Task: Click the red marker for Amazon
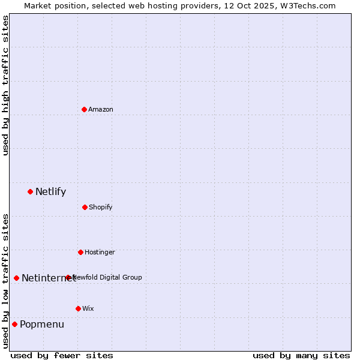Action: click(84, 109)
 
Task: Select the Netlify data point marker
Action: click(30, 191)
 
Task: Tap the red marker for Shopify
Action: click(85, 207)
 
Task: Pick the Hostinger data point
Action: click(80, 252)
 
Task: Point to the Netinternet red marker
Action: click(16, 278)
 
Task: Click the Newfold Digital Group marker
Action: click(68, 277)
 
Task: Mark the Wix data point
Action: click(78, 308)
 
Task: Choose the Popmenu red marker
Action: click(14, 324)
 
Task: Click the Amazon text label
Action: click(101, 109)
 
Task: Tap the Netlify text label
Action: click(50, 192)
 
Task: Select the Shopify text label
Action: click(101, 208)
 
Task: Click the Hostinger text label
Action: click(100, 253)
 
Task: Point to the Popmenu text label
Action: click(42, 325)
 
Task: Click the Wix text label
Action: click(88, 309)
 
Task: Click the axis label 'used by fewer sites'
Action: click(62, 355)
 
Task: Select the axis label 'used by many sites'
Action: click(301, 355)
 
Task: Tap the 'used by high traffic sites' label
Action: click(5, 85)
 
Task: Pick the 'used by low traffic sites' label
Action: click(5, 281)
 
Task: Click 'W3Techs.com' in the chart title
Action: click(308, 5)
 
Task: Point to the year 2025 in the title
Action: click(263, 5)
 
